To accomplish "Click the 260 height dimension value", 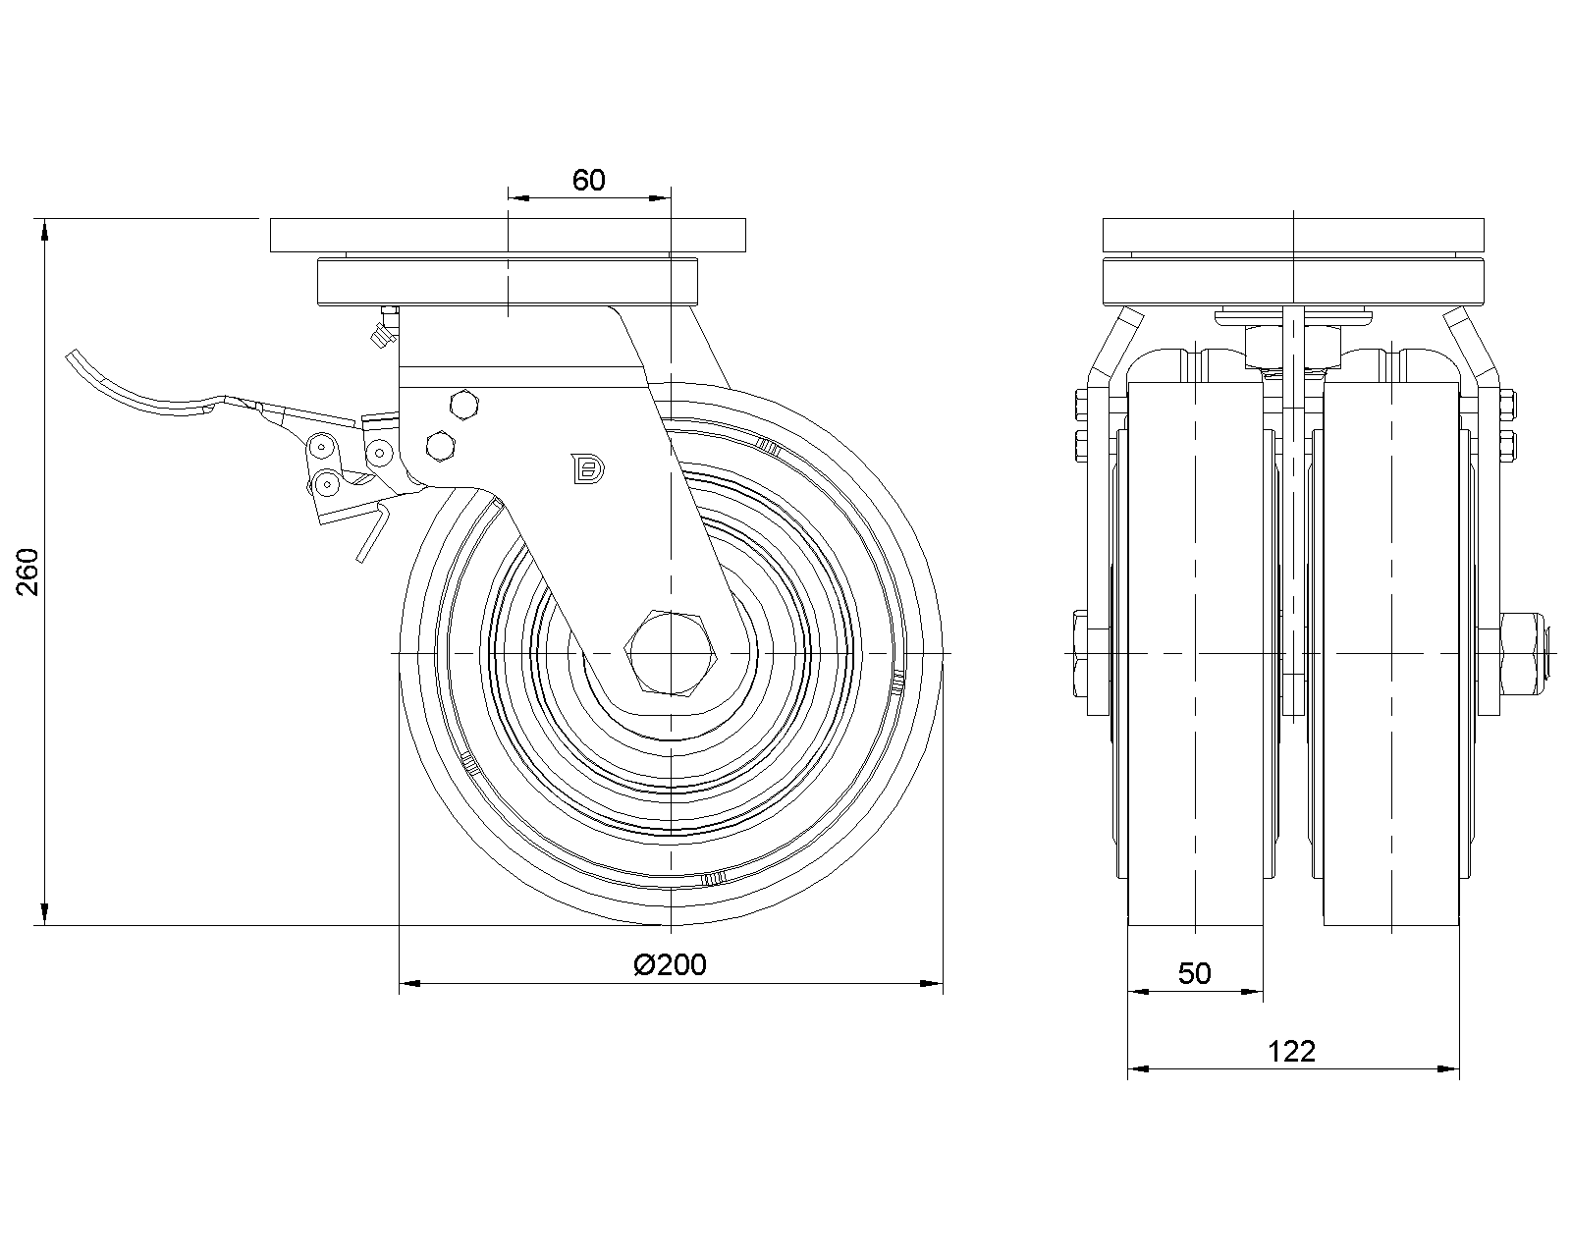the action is tap(27, 573).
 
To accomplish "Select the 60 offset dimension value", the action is tap(588, 181).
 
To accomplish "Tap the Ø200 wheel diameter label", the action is tap(671, 964).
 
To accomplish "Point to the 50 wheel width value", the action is tap(1194, 973).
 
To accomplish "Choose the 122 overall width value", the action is tap(1291, 1052).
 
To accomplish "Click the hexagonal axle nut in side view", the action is tap(671, 652).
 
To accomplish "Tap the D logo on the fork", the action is tap(588, 468).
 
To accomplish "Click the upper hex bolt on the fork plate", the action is tap(464, 406).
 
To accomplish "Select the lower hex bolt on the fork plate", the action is tap(440, 446).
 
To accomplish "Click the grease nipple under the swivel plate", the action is tap(383, 330).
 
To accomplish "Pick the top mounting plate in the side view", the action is tap(508, 235).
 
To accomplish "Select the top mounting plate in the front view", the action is tap(1293, 235).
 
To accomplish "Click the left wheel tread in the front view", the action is tap(1195, 654).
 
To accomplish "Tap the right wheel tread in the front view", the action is tap(1391, 654).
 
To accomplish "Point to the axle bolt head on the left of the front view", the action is tap(1080, 654).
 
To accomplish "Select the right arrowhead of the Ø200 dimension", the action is tap(931, 984).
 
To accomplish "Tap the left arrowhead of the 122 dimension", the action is tap(1139, 1069).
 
